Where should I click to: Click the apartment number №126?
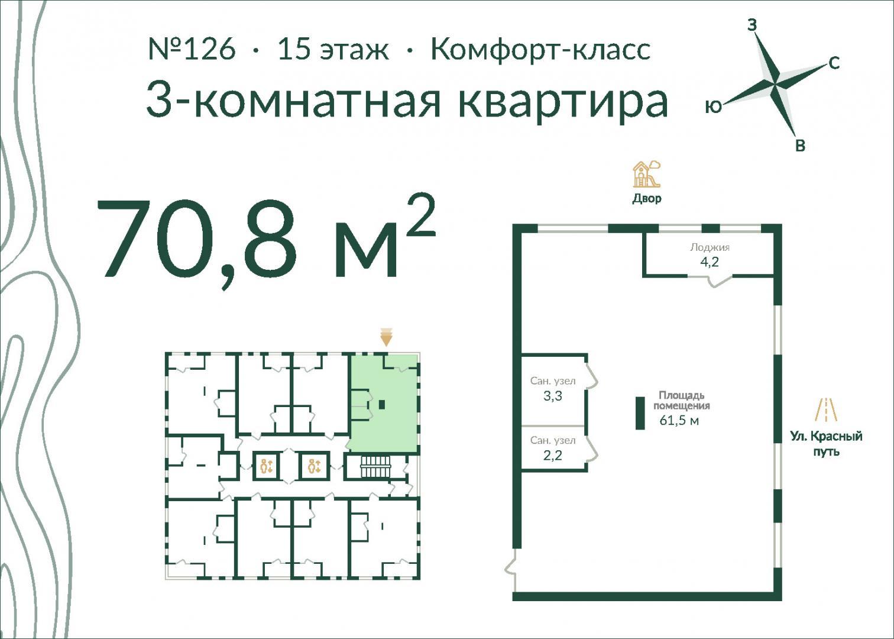pos(192,49)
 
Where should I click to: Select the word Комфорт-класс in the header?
pos(541,50)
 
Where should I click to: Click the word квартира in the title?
pos(563,101)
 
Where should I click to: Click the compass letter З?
pos(752,25)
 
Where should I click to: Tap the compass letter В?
pos(800,146)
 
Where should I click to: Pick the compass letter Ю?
pos(714,106)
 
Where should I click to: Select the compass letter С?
pos(834,63)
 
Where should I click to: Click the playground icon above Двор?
pos(647,174)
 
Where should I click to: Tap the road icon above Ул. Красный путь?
pos(826,410)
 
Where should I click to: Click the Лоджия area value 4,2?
pos(710,262)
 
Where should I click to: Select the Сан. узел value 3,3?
pos(553,396)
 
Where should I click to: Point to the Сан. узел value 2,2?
pos(553,456)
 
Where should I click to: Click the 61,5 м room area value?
pos(679,421)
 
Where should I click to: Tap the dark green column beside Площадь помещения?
pos(640,413)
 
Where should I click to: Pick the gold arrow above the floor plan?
pos(386,337)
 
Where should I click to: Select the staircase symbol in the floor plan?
pos(375,467)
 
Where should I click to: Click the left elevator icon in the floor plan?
pos(266,466)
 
